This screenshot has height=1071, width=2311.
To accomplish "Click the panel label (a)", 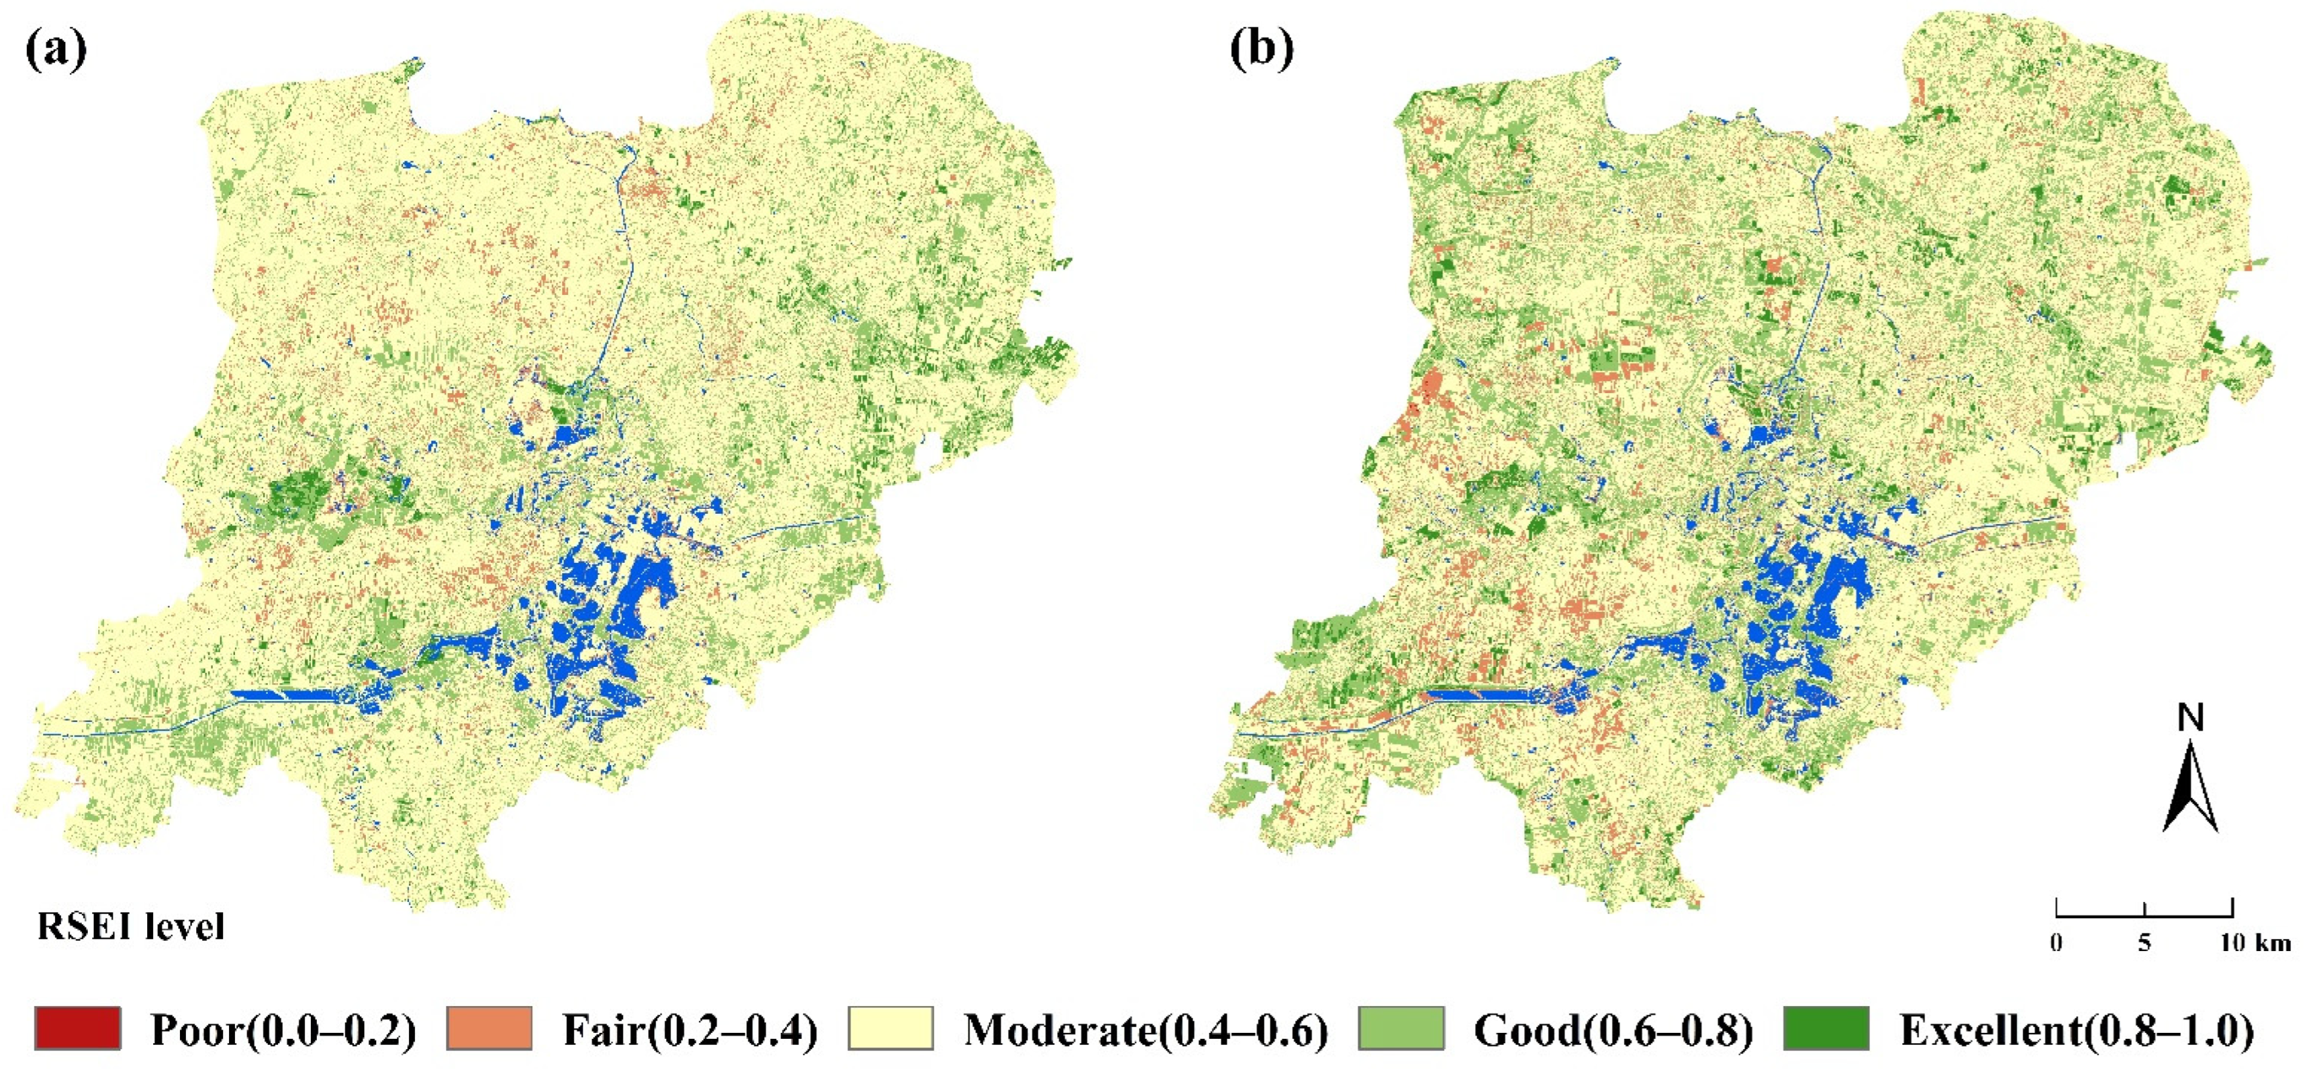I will point(56,50).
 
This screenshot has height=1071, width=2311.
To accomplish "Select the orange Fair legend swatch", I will point(489,1029).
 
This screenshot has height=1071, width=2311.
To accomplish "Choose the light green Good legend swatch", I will point(1401,1029).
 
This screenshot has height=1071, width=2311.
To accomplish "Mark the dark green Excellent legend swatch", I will point(1826,1029).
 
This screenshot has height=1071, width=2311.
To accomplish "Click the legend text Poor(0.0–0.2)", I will point(283,1030).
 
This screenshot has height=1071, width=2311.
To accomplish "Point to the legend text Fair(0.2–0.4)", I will point(691,1030).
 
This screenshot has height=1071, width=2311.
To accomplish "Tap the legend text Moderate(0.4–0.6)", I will point(1146,1030).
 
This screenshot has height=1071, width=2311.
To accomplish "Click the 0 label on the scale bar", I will point(2055,943).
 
